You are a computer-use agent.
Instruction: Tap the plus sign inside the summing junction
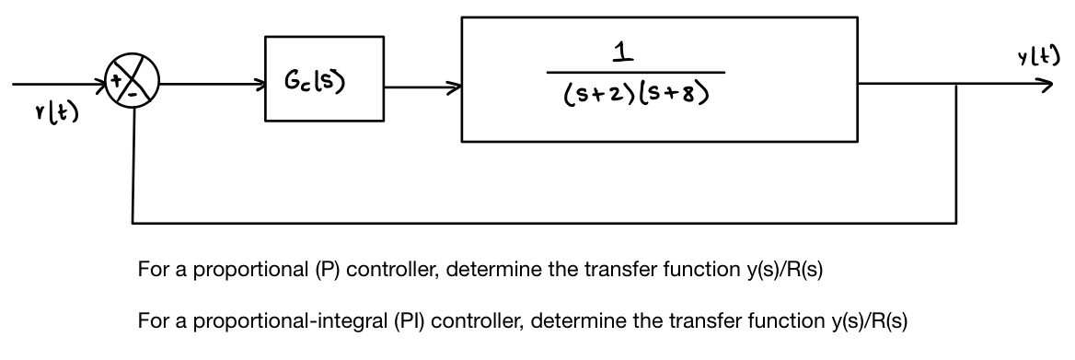coord(119,82)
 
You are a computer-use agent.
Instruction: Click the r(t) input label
coord(54,116)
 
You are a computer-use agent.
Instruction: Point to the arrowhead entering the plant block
coord(455,89)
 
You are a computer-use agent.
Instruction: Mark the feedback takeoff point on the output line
coord(956,85)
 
